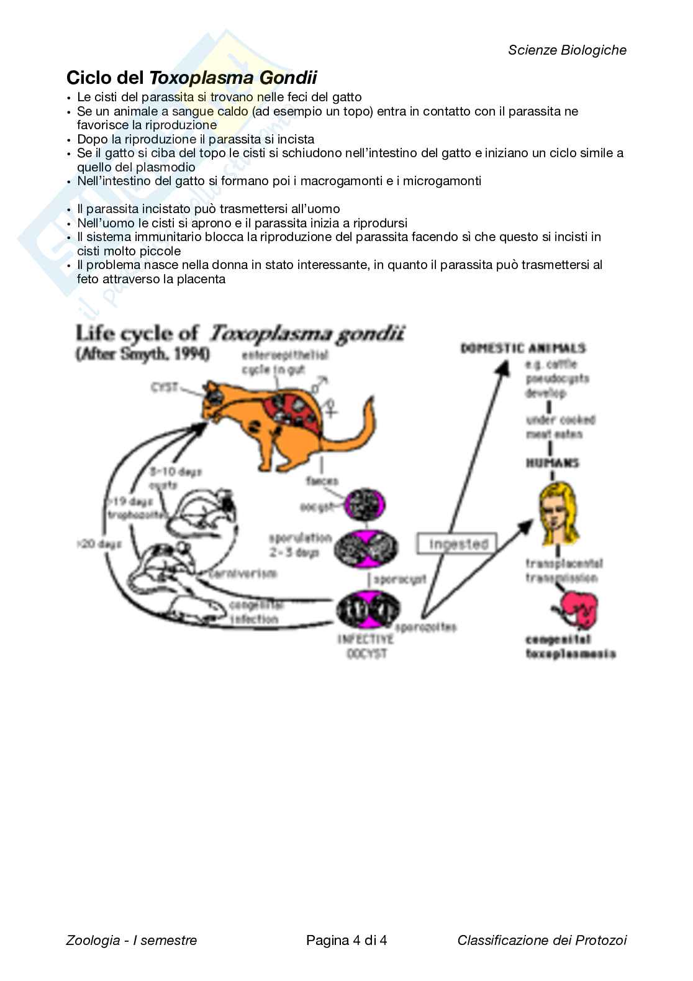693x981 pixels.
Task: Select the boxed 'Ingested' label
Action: pos(458,544)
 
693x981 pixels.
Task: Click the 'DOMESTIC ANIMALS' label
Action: pos(523,348)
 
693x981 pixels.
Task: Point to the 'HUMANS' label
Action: pos(552,463)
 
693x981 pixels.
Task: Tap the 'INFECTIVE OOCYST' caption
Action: pos(365,646)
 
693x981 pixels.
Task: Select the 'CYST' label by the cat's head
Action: pos(164,388)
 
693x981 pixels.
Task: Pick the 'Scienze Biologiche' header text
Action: pos(567,50)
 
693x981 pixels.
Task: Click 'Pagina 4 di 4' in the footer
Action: pos(346,940)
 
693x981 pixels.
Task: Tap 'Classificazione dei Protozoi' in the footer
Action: pos(541,940)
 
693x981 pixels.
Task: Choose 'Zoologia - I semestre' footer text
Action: pos(132,940)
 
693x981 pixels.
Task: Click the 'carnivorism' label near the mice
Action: pos(243,573)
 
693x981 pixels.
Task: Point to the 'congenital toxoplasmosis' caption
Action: pos(570,646)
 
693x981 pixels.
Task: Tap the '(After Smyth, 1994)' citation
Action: pos(142,354)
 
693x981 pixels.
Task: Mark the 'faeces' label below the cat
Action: pos(322,481)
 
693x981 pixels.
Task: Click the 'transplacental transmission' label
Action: pos(563,570)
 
